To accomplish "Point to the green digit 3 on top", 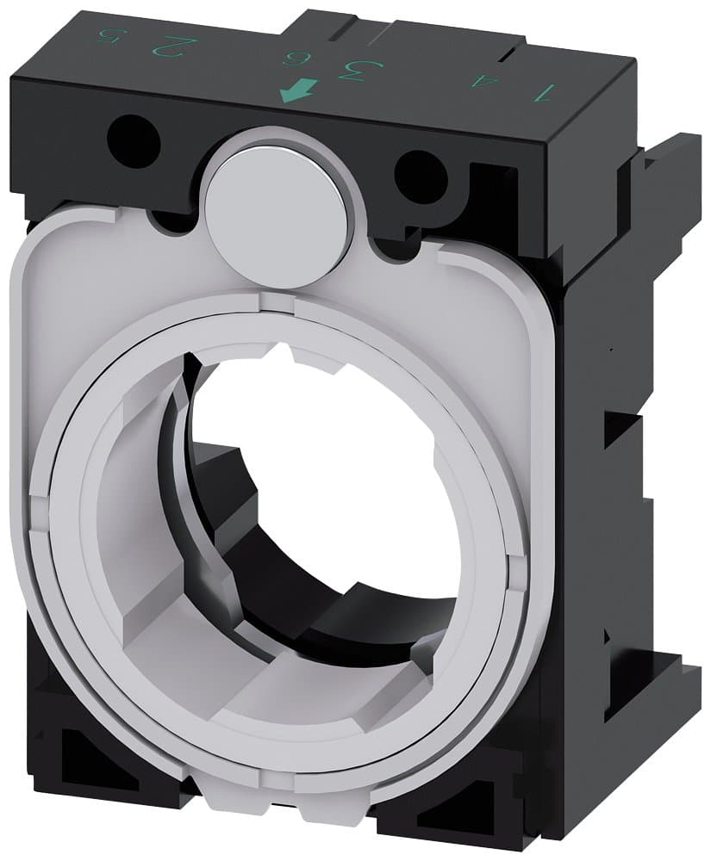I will click(x=349, y=69).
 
